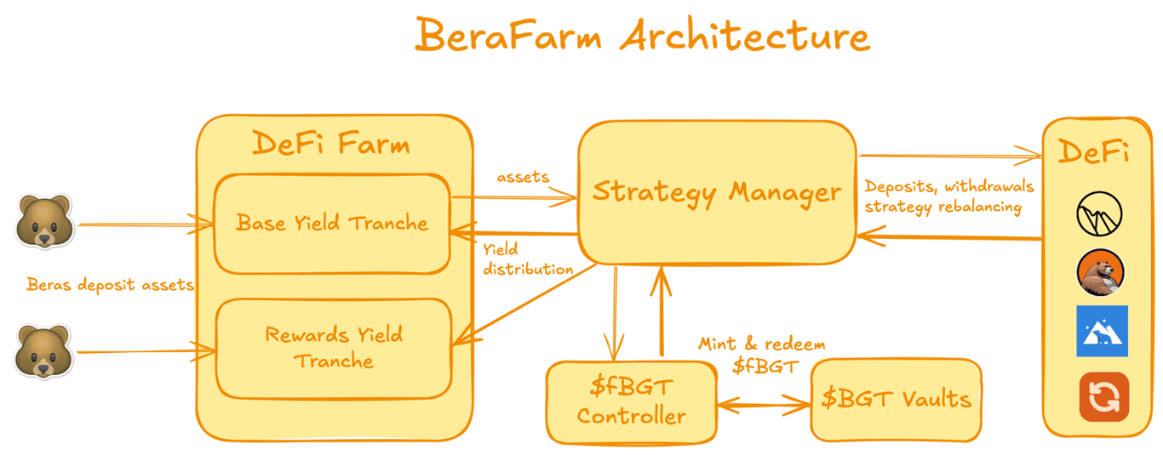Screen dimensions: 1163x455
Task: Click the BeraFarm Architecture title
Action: [643, 35]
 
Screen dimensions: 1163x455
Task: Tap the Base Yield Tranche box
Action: [332, 224]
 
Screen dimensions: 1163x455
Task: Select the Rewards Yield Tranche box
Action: [334, 349]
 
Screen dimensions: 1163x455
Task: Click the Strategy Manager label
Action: [717, 192]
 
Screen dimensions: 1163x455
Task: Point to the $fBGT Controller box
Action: [632, 402]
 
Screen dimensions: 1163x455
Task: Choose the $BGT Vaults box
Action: [897, 400]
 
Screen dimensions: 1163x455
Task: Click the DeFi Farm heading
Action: [331, 143]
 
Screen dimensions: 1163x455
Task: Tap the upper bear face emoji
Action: [44, 221]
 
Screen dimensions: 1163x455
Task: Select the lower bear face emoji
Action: [43, 351]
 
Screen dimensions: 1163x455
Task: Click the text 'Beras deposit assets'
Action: [110, 284]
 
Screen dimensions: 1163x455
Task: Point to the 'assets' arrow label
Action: [523, 178]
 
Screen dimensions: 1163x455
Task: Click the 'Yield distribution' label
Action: [528, 259]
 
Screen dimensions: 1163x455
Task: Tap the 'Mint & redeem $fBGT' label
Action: [762, 355]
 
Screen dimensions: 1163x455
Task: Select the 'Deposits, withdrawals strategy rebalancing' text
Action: [949, 196]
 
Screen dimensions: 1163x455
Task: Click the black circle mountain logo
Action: [1099, 213]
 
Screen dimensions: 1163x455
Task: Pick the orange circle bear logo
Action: [1100, 272]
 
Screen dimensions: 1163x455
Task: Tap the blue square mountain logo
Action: [1103, 331]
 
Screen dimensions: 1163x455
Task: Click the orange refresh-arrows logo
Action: [1103, 397]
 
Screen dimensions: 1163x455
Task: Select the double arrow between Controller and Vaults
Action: [764, 405]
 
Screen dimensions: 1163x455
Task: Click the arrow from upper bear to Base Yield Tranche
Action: [146, 225]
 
